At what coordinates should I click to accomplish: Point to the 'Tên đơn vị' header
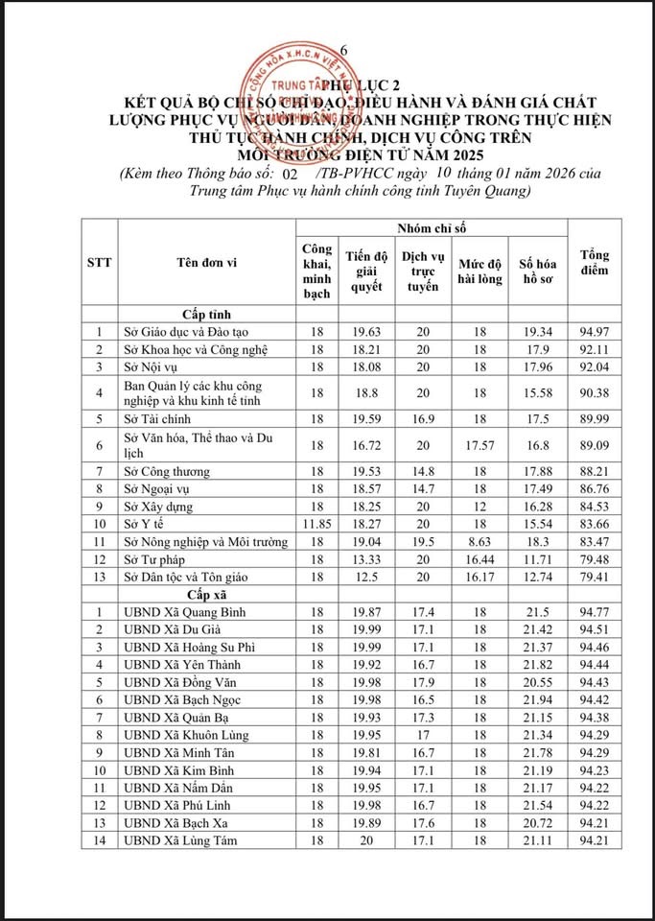click(200, 262)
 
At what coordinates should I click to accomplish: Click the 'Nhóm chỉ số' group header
click(433, 227)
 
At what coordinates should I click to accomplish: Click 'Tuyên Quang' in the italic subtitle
click(491, 191)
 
